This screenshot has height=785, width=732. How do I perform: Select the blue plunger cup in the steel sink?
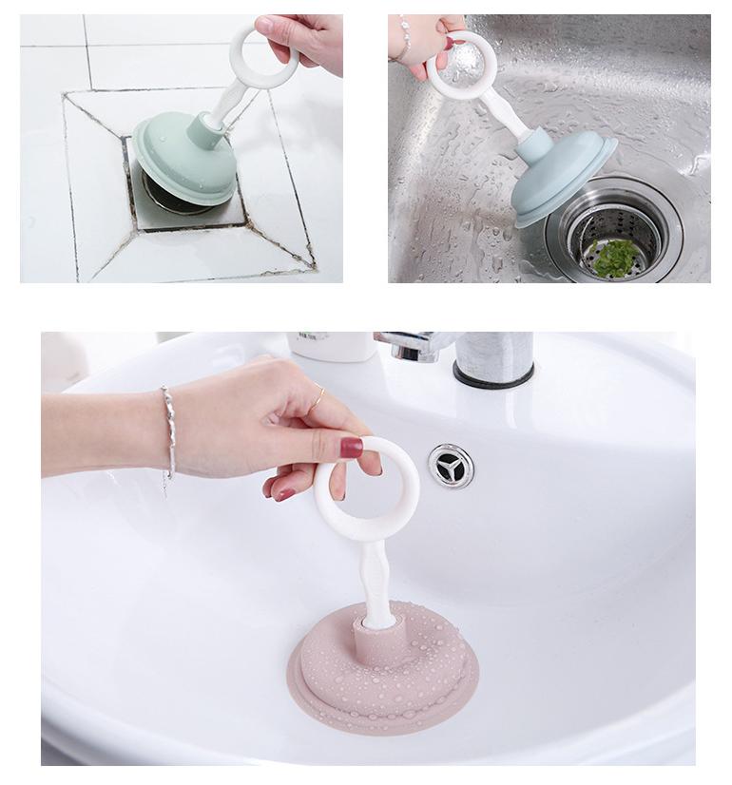tap(561, 176)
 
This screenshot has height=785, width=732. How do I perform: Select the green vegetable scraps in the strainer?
tap(613, 257)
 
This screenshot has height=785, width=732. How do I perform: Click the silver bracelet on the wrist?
tap(168, 432)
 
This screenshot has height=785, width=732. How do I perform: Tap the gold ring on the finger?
tap(318, 391)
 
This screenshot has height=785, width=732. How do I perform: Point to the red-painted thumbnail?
tap(351, 447)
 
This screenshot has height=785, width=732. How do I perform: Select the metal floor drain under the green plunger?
tap(181, 200)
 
